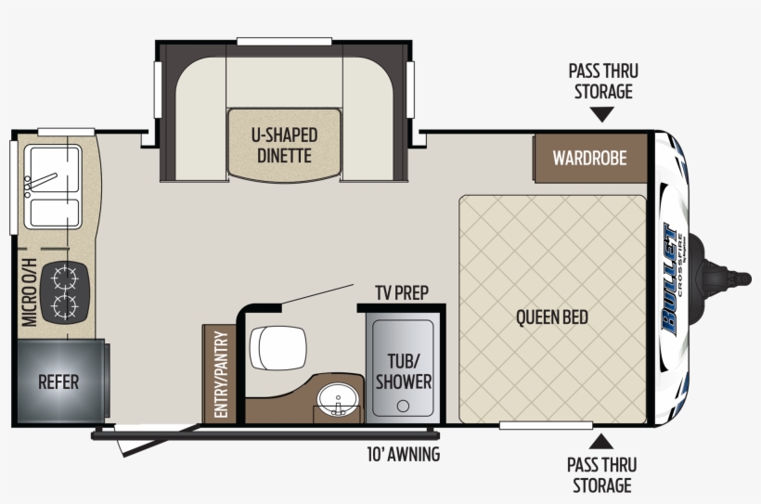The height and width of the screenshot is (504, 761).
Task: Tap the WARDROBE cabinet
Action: point(589,157)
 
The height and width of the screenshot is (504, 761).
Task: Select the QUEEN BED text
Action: point(551,317)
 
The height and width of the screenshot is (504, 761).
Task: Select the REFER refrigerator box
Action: point(58,381)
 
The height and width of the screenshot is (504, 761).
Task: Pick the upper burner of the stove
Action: point(66,276)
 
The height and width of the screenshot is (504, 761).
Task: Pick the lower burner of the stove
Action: point(66,305)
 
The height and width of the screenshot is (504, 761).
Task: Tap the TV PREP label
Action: point(401,292)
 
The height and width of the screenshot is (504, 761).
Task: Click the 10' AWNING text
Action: point(403,455)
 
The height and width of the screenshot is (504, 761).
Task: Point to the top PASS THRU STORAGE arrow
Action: point(602,114)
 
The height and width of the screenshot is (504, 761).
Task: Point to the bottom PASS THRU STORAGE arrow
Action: point(602,441)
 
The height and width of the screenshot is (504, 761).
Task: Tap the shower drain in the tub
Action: point(402,407)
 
